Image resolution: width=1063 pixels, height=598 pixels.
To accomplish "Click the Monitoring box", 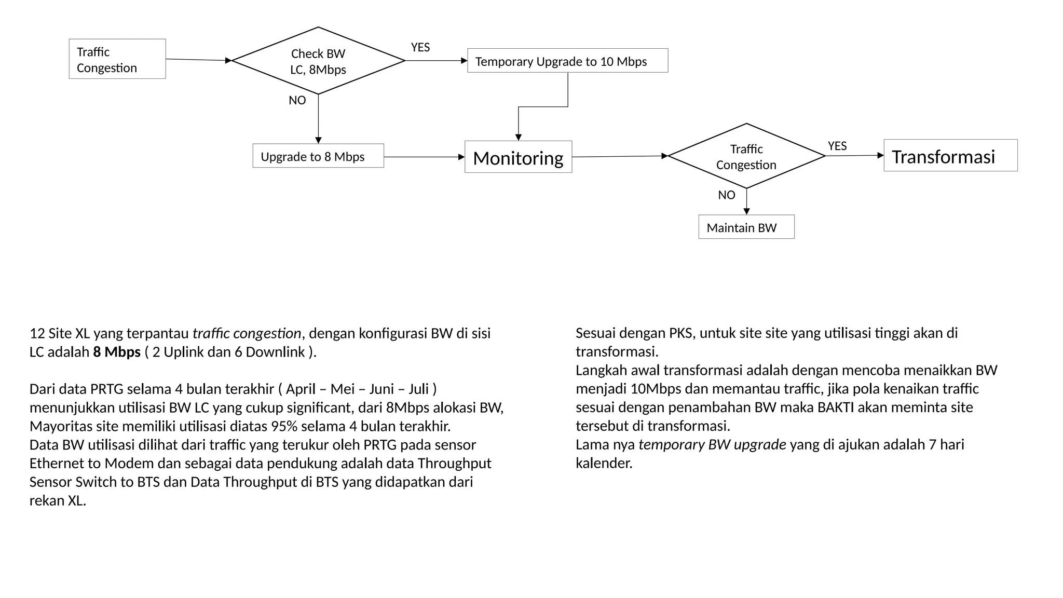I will point(518,157).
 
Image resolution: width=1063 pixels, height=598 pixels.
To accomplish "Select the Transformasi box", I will point(950,155).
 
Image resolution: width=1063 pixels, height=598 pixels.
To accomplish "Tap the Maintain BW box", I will point(746,227).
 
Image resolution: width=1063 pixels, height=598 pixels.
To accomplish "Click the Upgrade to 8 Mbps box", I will point(318,156).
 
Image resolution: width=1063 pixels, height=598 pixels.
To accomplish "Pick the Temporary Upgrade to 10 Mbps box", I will point(567,61).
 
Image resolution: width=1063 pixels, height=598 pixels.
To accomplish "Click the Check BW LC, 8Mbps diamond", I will point(318,61).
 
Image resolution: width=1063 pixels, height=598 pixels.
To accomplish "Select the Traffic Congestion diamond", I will point(746,156).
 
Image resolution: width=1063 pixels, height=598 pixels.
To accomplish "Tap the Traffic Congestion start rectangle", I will point(117,59).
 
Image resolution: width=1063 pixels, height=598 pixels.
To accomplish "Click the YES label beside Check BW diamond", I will point(420,47).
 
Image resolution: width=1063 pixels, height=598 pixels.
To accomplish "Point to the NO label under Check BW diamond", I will point(297,100).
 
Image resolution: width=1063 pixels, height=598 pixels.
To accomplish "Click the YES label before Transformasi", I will point(837,146).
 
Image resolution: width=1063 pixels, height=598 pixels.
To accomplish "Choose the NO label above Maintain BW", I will point(727,195).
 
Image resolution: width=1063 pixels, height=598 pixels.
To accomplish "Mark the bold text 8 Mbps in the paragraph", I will point(117,352).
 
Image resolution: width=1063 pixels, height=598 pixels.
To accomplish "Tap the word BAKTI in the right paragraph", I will point(835,407).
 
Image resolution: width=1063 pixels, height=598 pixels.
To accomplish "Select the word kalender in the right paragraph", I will point(603,463).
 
